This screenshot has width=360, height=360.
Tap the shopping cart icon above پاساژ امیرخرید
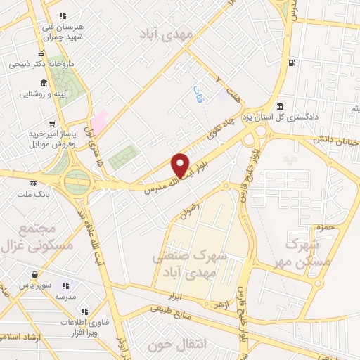pos(31,124)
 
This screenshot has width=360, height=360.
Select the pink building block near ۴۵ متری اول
pos(100,120)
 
